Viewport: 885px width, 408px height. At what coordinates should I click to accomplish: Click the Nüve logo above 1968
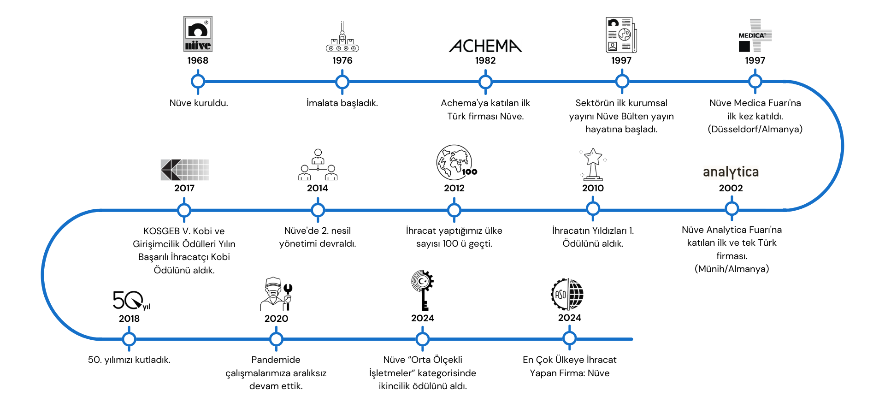tap(198, 34)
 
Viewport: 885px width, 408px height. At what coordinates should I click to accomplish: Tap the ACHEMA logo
tap(485, 46)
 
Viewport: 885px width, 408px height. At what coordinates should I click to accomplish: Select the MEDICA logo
tap(755, 35)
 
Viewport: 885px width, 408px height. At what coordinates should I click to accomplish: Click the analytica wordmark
tap(731, 172)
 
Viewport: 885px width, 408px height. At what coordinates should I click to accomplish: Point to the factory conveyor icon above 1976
tap(342, 38)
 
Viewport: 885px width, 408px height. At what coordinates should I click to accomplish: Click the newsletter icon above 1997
tap(621, 35)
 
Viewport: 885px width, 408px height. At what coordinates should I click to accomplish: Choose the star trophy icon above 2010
tap(593, 164)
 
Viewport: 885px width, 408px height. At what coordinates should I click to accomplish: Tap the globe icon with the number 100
tap(455, 163)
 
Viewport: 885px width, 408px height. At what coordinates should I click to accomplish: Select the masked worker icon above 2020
tap(276, 294)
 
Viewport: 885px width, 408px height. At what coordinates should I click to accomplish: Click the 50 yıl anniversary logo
tap(131, 301)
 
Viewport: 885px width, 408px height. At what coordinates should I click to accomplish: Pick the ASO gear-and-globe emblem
tap(567, 294)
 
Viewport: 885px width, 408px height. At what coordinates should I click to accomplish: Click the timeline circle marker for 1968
tap(198, 82)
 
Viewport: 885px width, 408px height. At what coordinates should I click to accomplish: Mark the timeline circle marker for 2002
tap(732, 209)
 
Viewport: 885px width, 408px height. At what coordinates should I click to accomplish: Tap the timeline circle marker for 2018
tap(129, 339)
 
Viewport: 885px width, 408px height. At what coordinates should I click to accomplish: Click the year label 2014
tap(318, 188)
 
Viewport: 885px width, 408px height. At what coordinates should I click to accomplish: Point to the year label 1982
tap(485, 60)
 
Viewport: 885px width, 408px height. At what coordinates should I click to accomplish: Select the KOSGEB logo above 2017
tap(184, 170)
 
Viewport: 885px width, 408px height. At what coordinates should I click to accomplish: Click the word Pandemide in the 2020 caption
tap(276, 360)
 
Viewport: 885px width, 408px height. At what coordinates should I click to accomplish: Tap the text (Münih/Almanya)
tap(732, 269)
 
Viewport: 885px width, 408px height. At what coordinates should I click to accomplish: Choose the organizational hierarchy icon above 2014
tap(318, 165)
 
